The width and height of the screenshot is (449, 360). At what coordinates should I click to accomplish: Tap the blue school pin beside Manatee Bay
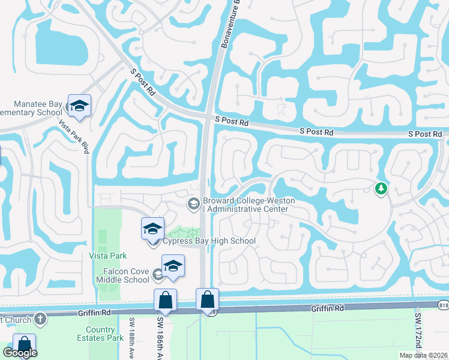pos(79,106)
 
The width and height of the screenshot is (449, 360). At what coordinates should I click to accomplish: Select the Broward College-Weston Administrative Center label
pos(246,205)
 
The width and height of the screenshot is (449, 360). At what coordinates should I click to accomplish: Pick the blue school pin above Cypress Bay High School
pos(153,229)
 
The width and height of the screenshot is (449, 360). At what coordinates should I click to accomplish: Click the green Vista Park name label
pos(108,256)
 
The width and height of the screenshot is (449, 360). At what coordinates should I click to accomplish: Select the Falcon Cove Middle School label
pos(122,275)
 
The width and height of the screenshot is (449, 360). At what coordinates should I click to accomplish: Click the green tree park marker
pos(381,189)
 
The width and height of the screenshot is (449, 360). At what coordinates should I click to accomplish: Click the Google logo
pos(20,353)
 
